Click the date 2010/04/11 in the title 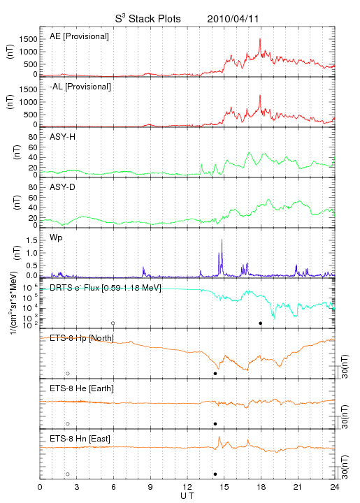pos(233,19)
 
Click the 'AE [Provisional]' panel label pos(79,36)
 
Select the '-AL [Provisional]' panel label pos(80,87)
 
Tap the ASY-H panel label pos(63,137)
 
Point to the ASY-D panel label pos(63,187)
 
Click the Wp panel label pos(56,238)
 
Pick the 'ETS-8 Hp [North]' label pos(82,338)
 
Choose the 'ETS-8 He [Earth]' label pos(82,388)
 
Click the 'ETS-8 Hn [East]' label pos(80,439)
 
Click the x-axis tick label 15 pos(224,487)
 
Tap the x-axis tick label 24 pos(335,487)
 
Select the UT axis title pos(187,496)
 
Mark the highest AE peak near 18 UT pos(260,39)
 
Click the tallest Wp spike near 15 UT pos(222,240)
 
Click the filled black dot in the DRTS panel pos(261,323)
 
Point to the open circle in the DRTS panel pos(113,323)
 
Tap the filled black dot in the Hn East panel pos(215,474)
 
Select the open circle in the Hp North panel pos(68,374)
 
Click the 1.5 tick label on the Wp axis pos(31,240)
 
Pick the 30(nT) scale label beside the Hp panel pos(345,367)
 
